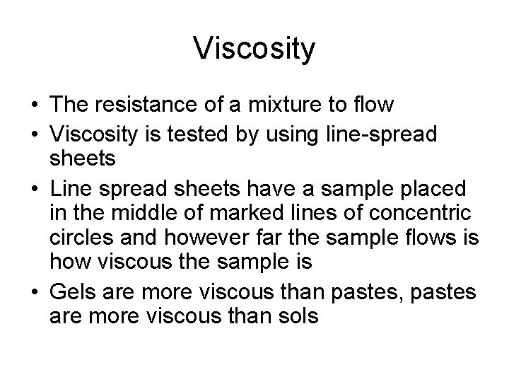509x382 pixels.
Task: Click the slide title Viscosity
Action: pyautogui.click(x=254, y=50)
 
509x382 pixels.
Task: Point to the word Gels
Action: pyautogui.click(x=71, y=291)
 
